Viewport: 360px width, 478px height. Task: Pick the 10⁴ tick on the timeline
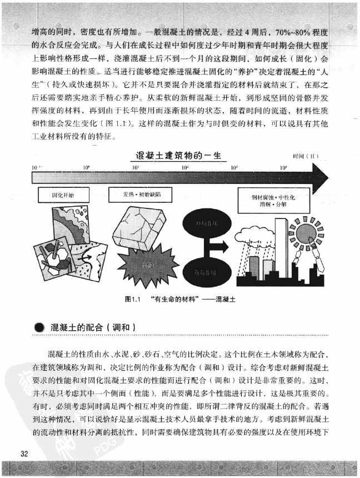(283, 167)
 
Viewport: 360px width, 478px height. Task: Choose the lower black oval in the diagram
(201, 272)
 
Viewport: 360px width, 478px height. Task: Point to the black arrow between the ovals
(214, 246)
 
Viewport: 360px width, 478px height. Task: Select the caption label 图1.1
(134, 299)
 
